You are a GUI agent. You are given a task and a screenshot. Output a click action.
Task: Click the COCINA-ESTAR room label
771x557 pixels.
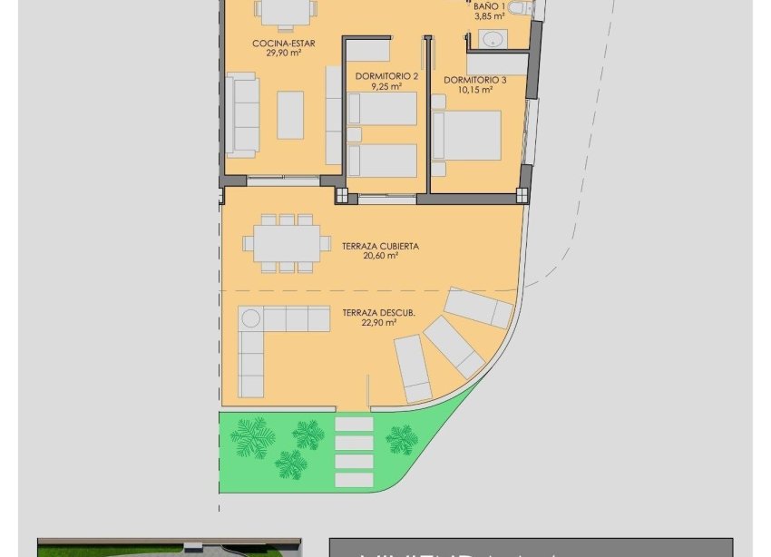click(284, 42)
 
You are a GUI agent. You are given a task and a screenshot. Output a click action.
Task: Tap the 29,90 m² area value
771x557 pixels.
click(284, 53)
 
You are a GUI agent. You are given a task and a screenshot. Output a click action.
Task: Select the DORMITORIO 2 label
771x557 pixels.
click(387, 76)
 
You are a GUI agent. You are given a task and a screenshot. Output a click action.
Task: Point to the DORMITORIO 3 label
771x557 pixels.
click(474, 80)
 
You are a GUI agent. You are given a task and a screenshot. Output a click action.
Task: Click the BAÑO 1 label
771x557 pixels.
click(489, 6)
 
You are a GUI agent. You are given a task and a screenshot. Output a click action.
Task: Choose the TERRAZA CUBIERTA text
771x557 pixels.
click(380, 246)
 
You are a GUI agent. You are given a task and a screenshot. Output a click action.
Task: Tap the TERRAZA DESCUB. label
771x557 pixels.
click(378, 313)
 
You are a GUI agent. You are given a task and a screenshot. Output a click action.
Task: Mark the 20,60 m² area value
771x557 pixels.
click(380, 256)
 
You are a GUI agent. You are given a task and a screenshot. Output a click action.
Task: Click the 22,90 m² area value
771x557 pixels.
click(380, 323)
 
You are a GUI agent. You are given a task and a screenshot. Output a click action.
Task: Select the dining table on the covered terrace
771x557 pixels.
click(286, 243)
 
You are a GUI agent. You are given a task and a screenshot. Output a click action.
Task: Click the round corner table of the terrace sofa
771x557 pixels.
click(251, 318)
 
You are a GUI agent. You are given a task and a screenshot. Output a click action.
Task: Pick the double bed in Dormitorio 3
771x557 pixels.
click(466, 136)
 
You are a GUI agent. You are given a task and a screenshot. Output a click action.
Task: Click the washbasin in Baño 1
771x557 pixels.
click(493, 39)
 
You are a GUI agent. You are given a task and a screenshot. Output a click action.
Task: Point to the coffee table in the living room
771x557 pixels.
click(290, 114)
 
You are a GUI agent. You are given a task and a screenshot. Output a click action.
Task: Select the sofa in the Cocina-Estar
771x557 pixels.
click(242, 116)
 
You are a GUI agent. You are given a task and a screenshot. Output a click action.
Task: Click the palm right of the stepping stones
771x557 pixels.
click(401, 440)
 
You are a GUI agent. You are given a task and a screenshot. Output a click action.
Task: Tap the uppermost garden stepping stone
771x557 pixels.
click(354, 424)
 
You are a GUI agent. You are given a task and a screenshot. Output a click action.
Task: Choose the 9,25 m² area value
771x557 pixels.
click(387, 87)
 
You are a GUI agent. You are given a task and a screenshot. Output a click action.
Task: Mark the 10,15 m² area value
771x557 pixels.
click(474, 90)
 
